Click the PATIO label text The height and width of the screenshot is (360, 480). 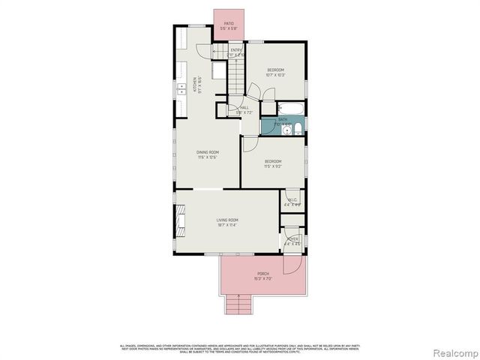click(x=229, y=24)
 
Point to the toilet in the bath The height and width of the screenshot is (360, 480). click(x=298, y=130)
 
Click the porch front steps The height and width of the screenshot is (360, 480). click(x=238, y=304)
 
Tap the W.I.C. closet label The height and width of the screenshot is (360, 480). click(x=293, y=200)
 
